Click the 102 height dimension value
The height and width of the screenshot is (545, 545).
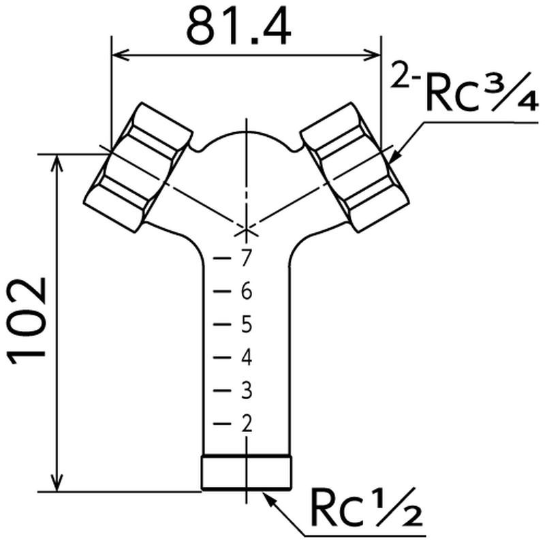[27, 320]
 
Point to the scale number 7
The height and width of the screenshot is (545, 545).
[246, 258]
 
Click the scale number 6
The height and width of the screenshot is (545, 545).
[246, 291]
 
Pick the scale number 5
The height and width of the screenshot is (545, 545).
[246, 324]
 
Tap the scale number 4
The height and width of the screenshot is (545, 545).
[246, 357]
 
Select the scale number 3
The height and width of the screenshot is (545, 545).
[246, 390]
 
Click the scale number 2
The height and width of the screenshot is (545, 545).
[246, 424]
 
